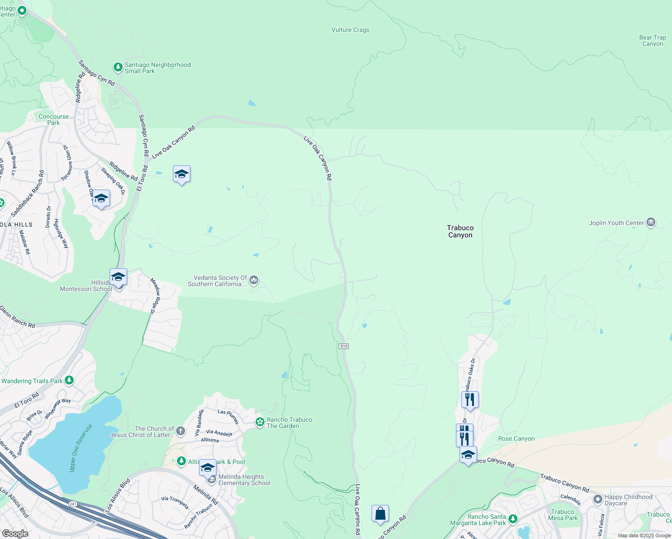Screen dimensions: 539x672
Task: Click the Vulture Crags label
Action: (x=350, y=30)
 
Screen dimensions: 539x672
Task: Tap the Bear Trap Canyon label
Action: (x=652, y=40)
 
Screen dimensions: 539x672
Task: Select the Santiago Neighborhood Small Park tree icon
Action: (x=118, y=67)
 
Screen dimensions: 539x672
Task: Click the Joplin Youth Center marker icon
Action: (x=650, y=223)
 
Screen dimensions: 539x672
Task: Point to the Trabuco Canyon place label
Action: (x=460, y=231)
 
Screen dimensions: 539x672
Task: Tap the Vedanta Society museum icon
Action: (x=254, y=281)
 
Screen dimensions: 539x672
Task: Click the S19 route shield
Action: (x=344, y=346)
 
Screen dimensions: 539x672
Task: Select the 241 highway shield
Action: (x=73, y=504)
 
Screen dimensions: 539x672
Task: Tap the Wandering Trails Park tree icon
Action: (x=69, y=381)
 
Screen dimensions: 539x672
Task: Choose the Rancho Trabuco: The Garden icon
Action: (x=260, y=422)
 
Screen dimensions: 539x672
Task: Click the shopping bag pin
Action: (x=380, y=513)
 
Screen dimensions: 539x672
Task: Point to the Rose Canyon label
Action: (x=516, y=439)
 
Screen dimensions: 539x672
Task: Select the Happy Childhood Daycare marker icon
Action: (x=597, y=499)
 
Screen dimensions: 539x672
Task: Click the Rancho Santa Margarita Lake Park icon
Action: (x=513, y=519)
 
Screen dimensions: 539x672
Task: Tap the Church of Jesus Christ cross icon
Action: (x=180, y=432)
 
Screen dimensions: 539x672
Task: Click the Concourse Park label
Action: (x=53, y=119)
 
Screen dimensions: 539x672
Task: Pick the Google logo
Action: (x=15, y=534)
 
